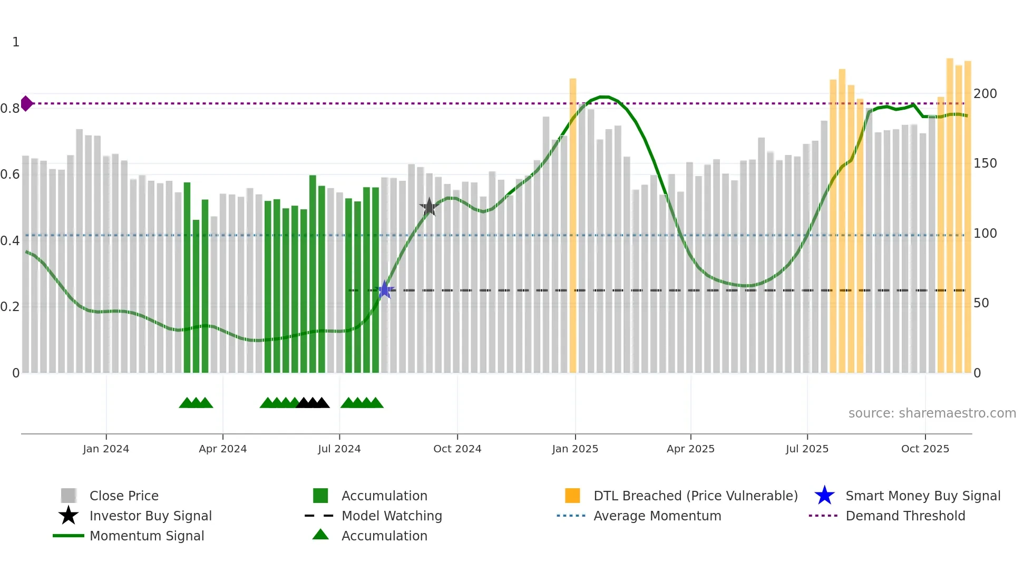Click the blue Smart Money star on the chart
pos(385,290)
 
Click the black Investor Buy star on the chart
pos(429,207)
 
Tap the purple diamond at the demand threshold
pos(26,103)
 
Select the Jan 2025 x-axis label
pos(575,449)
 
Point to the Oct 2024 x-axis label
pos(457,449)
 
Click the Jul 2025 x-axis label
pos(807,449)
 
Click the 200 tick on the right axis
pos(985,94)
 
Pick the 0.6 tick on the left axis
pos(10,175)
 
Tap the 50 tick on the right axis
pos(981,303)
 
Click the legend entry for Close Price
pos(124,496)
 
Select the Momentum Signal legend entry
pos(147,536)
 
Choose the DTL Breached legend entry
pos(695,496)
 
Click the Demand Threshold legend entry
pos(905,516)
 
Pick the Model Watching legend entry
pos(392,516)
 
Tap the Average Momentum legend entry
pos(657,516)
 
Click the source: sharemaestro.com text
pos(932,413)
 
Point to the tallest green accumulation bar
pos(313,274)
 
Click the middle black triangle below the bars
pos(313,403)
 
